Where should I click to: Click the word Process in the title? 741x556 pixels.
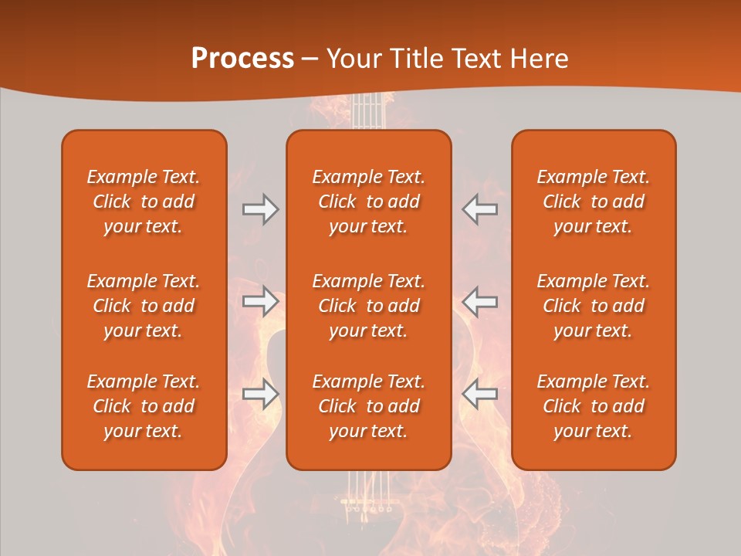coord(242,59)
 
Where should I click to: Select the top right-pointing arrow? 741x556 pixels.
coord(261,209)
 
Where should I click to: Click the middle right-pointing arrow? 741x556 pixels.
coord(261,300)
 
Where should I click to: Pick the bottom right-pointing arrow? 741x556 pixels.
coord(261,394)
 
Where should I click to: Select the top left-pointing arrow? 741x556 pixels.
coord(479,209)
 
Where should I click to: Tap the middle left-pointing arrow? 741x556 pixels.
coord(479,300)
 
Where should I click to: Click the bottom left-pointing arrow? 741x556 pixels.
coord(479,394)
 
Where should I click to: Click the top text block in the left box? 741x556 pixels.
coord(144,202)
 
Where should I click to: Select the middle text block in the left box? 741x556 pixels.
coord(144,306)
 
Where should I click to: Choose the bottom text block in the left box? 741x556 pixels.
coord(144,406)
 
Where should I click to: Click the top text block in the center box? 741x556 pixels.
coord(368,202)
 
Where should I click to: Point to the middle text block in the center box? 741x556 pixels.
coord(368,306)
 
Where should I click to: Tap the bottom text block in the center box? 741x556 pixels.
coord(368,406)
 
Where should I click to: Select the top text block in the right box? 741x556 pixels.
coord(593,202)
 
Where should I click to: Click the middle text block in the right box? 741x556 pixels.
coord(593,306)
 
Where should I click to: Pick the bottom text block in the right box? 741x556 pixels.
coord(593,406)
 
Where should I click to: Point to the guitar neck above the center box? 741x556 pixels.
coord(368,112)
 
